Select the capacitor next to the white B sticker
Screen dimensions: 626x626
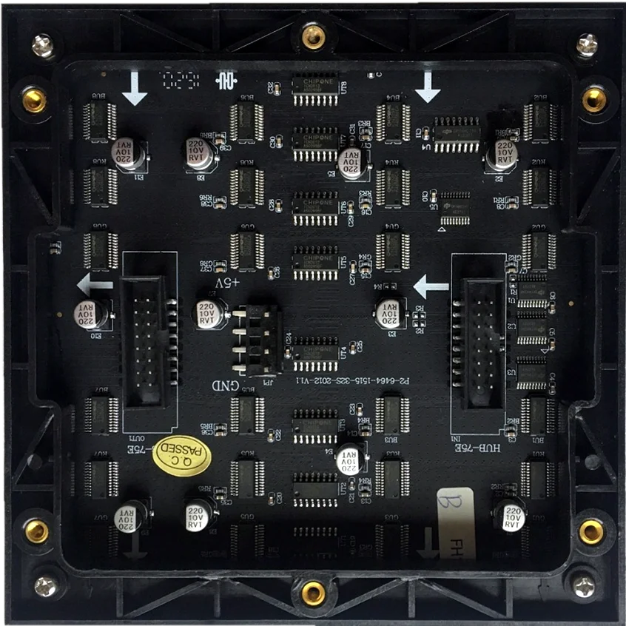click(x=511, y=515)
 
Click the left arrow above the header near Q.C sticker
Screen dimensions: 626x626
click(x=95, y=283)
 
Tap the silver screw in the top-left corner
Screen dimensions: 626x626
click(x=43, y=46)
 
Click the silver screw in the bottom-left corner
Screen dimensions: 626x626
click(x=45, y=586)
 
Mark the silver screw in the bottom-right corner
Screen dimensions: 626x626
click(x=583, y=586)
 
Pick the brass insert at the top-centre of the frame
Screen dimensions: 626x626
click(x=313, y=35)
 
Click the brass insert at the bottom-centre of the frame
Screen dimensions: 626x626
click(x=313, y=591)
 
